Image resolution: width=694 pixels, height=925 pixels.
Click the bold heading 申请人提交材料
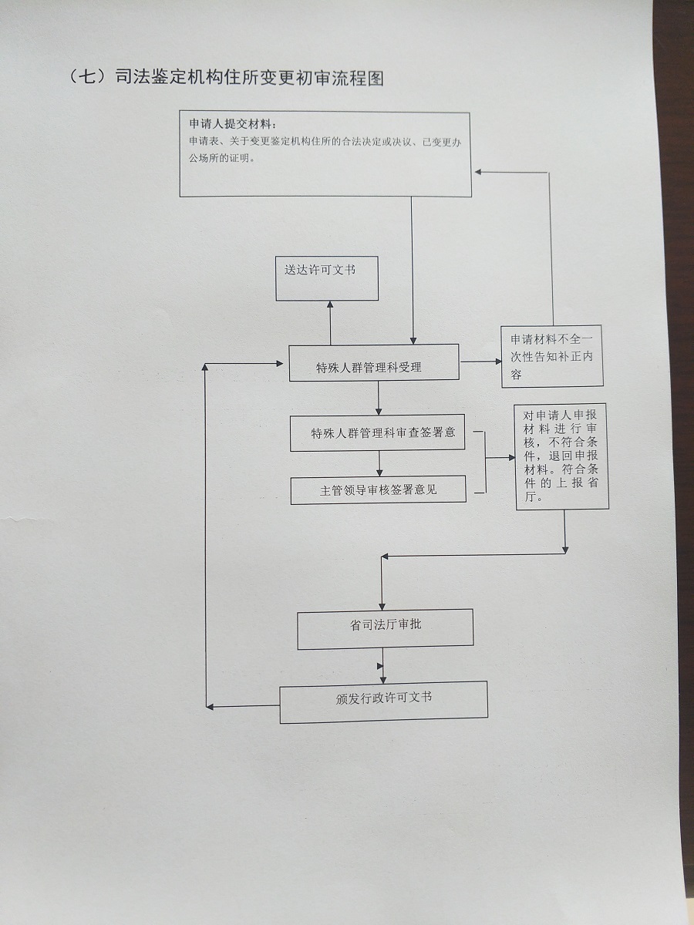pos(232,125)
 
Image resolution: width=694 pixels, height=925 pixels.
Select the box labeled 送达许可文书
pos(327,278)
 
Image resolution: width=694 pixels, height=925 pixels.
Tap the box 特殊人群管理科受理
pos(374,362)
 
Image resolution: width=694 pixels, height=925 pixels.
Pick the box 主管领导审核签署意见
pos(378,489)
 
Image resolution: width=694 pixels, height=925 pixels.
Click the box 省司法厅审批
pos(385,627)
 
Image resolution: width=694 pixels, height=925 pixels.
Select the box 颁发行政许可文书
pos(383,701)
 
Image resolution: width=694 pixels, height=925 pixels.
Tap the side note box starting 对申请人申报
pos(561,456)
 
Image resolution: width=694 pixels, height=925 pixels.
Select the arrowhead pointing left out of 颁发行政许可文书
pos(210,705)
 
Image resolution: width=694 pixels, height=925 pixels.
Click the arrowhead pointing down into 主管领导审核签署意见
pos(379,473)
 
